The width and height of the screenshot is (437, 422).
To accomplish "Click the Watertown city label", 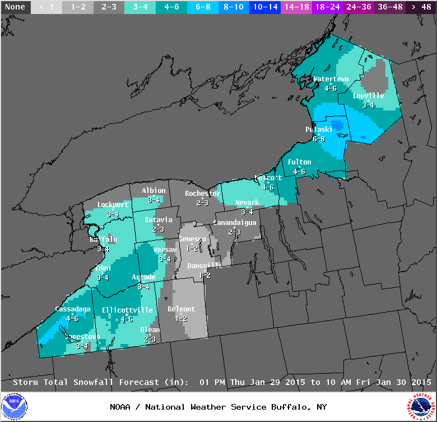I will point(331,79).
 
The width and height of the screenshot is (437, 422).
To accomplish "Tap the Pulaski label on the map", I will point(319,130).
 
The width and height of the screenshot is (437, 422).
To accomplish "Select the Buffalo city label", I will point(104,240).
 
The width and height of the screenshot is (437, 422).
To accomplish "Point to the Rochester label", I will point(202,194).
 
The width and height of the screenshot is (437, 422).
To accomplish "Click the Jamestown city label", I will point(83,337).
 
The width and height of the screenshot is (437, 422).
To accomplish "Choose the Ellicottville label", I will point(127,310).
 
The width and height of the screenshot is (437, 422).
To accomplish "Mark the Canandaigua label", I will point(234,223).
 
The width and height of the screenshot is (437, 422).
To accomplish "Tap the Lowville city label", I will point(368,95).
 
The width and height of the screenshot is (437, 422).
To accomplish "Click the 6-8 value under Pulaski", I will point(319,139).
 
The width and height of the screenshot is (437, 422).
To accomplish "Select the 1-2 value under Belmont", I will point(181,318).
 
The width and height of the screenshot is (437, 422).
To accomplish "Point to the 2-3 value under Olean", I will point(150,339).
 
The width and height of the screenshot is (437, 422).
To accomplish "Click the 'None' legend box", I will point(16,7).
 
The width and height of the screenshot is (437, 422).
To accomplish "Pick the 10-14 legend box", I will point(266,7).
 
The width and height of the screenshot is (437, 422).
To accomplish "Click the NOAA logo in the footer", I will point(14,407).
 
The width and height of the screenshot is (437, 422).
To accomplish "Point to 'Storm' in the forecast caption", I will point(25,382).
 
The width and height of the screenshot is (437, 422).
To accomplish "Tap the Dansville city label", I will point(204,265).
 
